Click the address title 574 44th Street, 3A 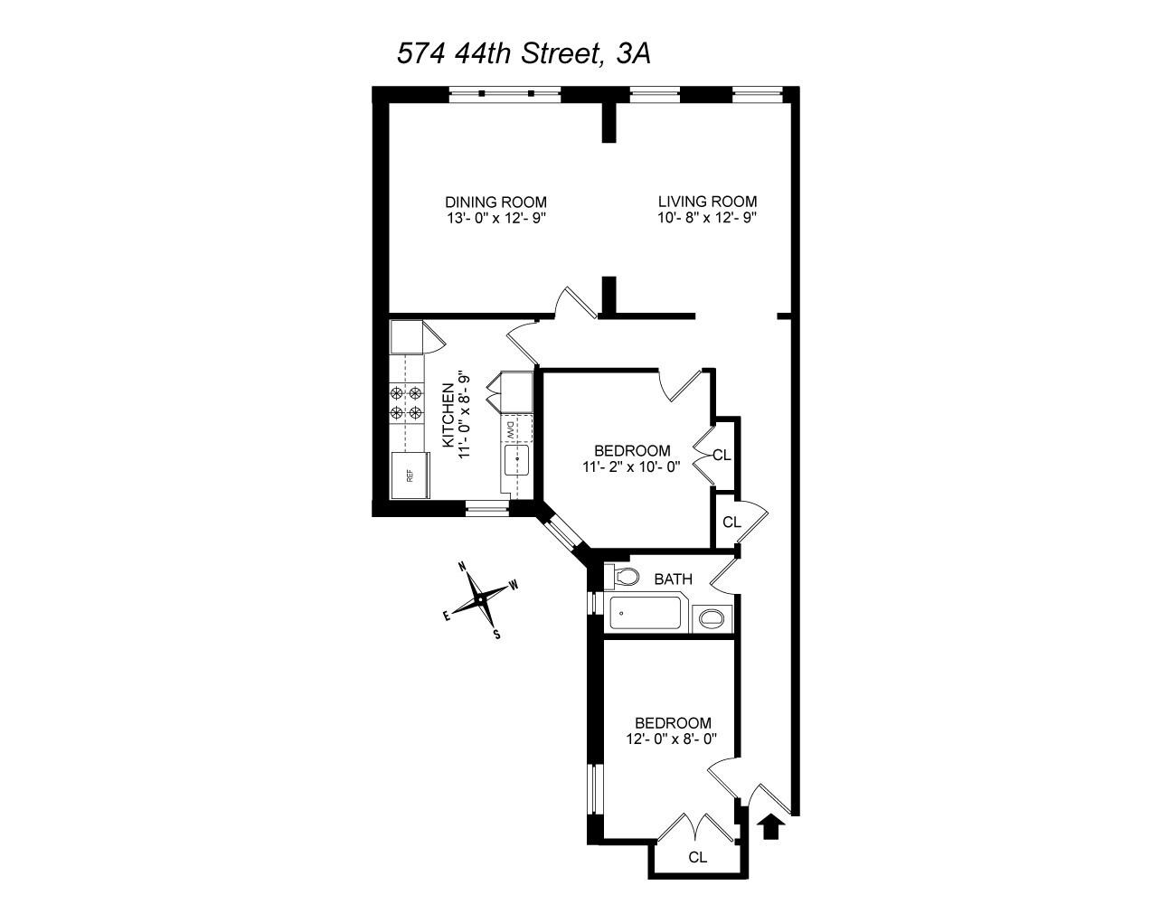(x=524, y=53)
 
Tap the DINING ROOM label (x=495, y=202)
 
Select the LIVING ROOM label (x=707, y=202)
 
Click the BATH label (x=673, y=579)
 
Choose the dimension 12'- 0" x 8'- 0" (x=673, y=739)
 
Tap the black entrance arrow (x=770, y=825)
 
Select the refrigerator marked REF (x=410, y=475)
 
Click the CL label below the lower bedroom (x=696, y=856)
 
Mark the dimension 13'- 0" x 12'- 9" (x=495, y=218)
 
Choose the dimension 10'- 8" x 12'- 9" (x=707, y=218)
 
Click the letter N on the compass (x=462, y=567)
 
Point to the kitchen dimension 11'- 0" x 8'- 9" (x=465, y=415)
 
